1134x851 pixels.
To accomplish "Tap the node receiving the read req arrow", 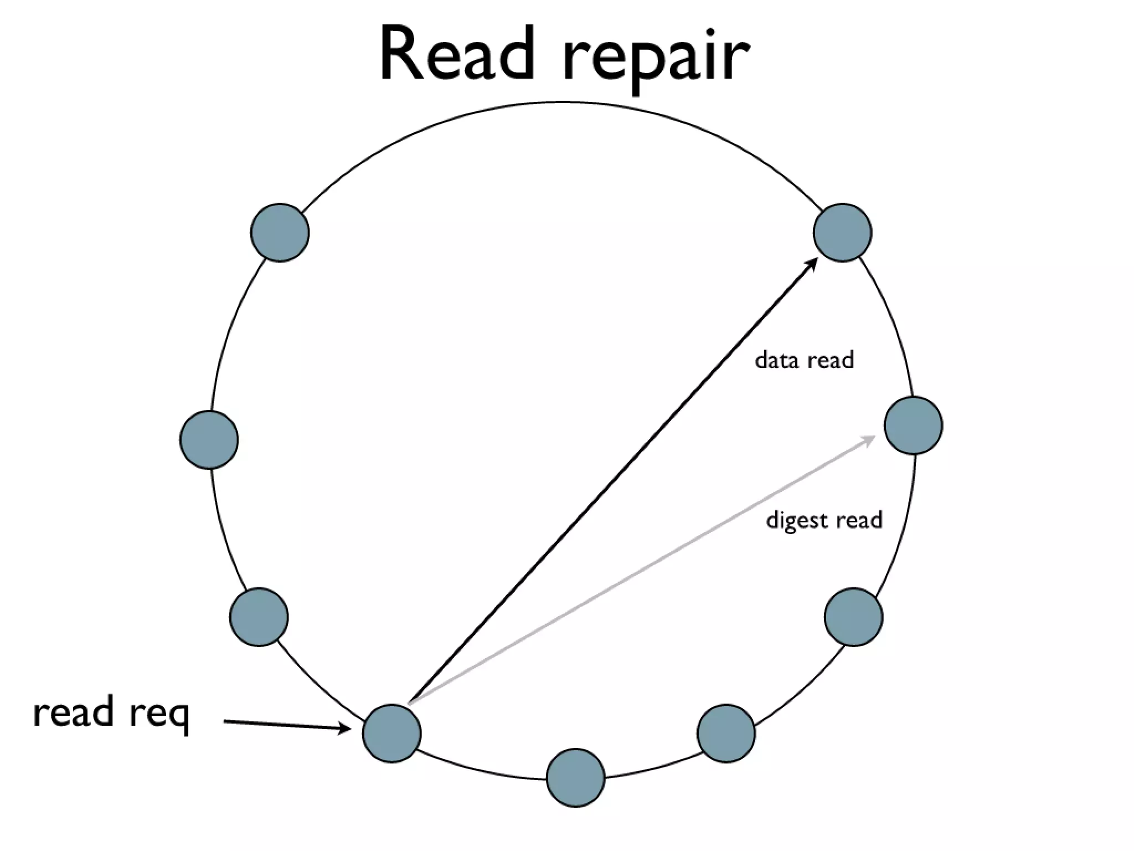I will [391, 734].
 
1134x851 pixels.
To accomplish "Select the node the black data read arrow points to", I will [842, 233].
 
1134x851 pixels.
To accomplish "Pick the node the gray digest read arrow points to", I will [913, 425].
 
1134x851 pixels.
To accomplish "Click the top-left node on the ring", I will [280, 233].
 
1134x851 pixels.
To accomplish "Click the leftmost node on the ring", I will [209, 440].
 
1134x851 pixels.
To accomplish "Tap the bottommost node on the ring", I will [575, 778].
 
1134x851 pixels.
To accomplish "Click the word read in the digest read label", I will [859, 520].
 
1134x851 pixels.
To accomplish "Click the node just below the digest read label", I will [853, 617].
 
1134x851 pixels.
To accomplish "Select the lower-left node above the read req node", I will [259, 617].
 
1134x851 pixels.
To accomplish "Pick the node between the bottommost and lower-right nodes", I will [726, 734].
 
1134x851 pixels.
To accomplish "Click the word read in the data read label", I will [831, 360].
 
